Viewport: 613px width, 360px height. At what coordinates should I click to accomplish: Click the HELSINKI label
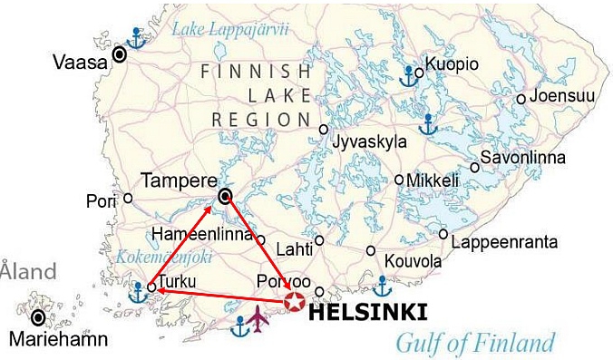click(368, 313)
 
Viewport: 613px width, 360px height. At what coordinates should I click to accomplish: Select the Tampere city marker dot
click(226, 196)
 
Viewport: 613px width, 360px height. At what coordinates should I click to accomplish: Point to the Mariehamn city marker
click(38, 317)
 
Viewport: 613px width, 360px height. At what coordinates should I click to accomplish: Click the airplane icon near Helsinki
click(259, 318)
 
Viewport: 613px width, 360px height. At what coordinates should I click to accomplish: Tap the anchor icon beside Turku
click(139, 292)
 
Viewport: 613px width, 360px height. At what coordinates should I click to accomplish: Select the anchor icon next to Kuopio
click(410, 75)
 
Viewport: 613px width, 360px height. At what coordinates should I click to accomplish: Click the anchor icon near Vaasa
click(136, 38)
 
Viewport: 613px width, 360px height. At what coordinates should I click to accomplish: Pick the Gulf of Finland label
click(474, 343)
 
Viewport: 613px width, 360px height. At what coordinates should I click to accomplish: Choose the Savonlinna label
click(522, 158)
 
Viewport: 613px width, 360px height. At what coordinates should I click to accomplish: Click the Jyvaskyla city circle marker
click(324, 130)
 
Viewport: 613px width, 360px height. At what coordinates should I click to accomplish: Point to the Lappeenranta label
click(504, 242)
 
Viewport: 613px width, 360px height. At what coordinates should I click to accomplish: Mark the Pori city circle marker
click(128, 198)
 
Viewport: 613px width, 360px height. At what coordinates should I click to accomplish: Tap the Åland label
click(27, 270)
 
